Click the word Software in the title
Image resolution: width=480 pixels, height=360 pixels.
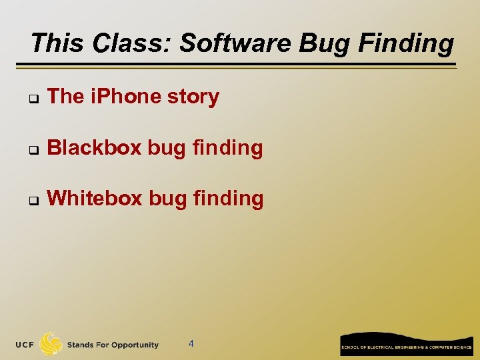tap(236, 43)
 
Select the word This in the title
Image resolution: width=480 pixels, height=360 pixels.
tap(59, 43)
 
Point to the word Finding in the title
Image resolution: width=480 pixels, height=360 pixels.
tap(406, 43)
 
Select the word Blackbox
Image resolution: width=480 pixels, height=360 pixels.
tap(95, 147)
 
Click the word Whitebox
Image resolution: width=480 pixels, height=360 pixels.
tap(95, 198)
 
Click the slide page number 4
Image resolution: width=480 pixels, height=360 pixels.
tap(191, 344)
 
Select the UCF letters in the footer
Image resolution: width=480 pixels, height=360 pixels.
tap(26, 345)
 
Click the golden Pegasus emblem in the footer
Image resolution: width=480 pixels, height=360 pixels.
tap(51, 344)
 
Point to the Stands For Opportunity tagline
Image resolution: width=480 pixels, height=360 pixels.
tap(113, 345)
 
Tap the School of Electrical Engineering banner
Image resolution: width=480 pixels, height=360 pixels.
tap(406, 344)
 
